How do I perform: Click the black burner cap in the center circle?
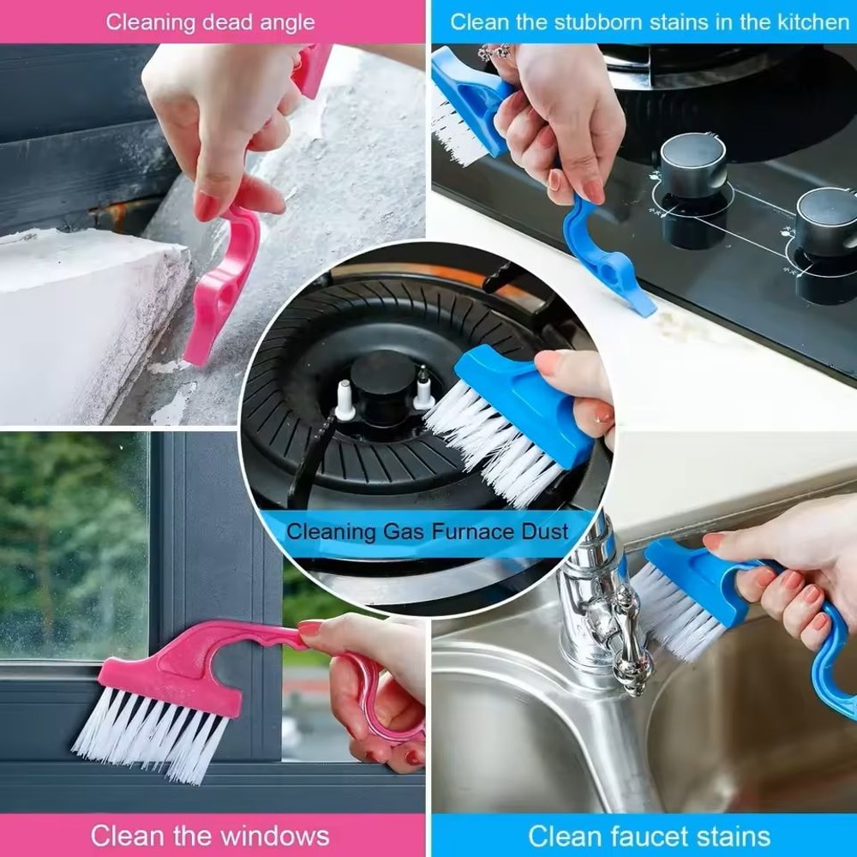(x=383, y=377)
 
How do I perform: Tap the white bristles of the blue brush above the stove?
(x=454, y=137)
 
